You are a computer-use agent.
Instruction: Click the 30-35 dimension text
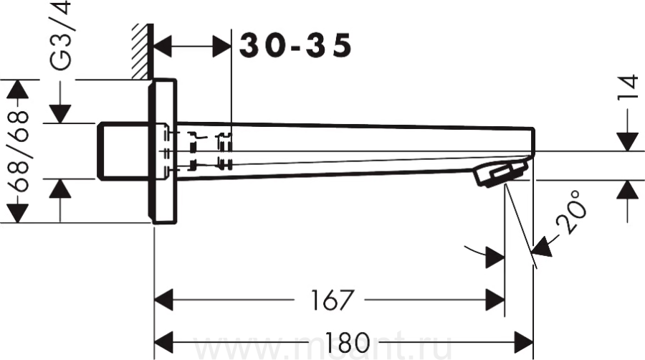[x=295, y=45]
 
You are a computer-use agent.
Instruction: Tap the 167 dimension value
[x=332, y=300]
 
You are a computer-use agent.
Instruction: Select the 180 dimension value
[x=348, y=342]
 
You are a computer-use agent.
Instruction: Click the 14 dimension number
[x=628, y=87]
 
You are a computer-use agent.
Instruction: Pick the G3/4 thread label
[x=60, y=35]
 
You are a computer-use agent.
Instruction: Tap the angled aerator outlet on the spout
[x=501, y=174]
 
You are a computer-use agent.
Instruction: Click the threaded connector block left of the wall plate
[x=122, y=151]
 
